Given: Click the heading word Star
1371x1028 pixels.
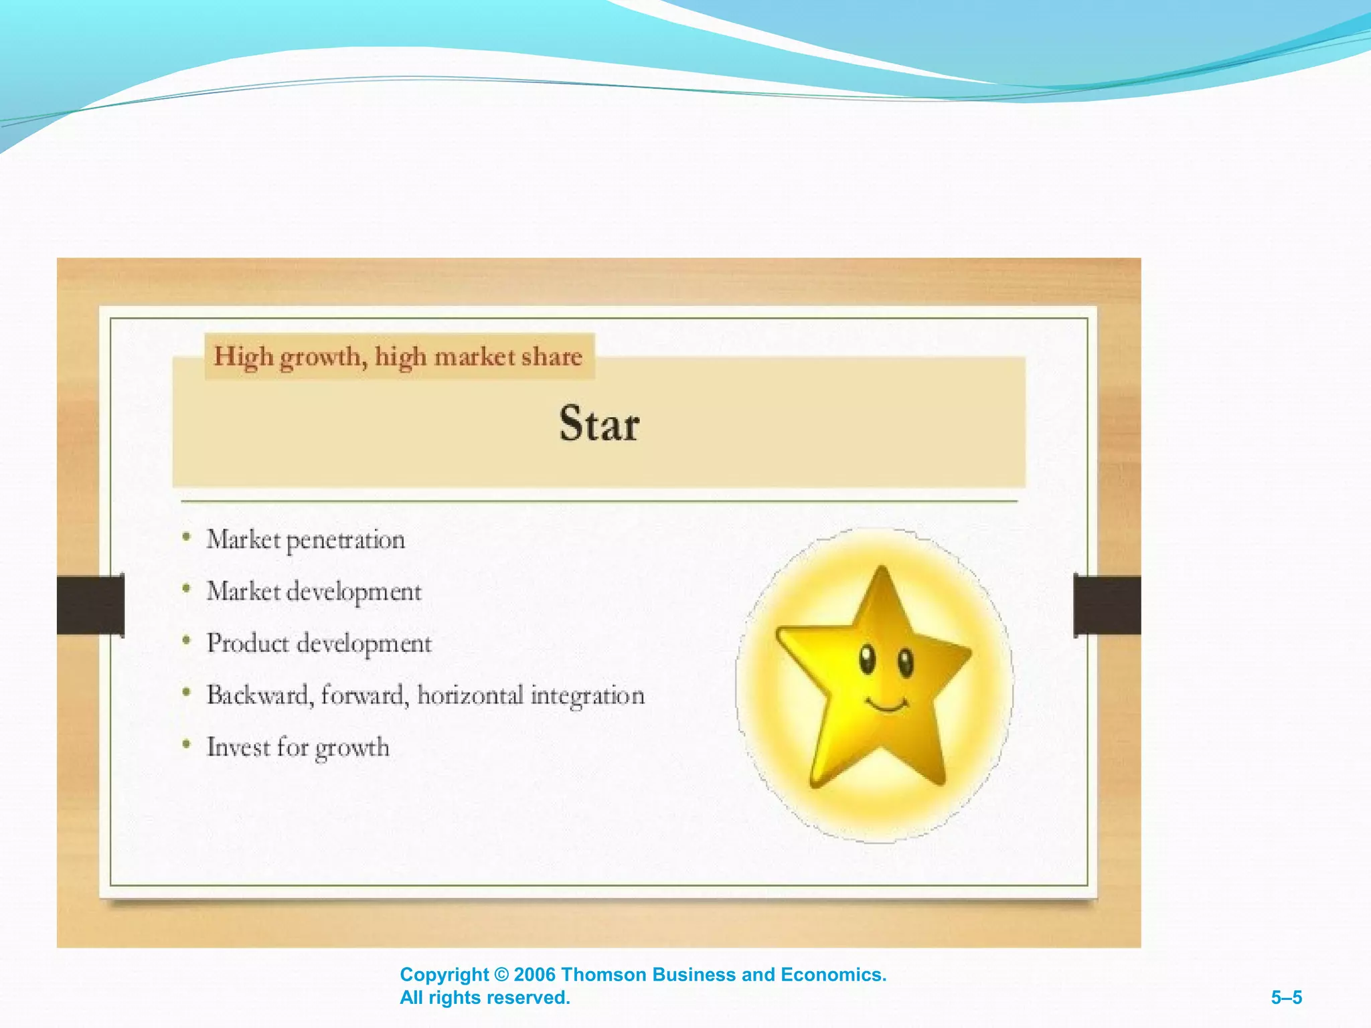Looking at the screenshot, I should [599, 424].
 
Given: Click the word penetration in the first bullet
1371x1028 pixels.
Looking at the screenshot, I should [345, 540].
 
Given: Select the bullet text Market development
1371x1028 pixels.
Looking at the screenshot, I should [314, 592].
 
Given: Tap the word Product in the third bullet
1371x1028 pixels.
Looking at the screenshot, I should [248, 643].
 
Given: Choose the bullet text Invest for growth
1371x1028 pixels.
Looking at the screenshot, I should [298, 747].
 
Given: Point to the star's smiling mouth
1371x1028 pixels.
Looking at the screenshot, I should [887, 705].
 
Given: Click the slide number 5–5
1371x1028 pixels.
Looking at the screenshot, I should [1286, 998].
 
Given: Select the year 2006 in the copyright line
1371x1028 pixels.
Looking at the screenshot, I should [534, 974].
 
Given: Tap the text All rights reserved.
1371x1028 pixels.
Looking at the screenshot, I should [485, 998].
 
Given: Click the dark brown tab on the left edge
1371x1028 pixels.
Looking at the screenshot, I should [90, 604].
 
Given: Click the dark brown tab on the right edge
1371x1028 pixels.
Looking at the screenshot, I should [1107, 604].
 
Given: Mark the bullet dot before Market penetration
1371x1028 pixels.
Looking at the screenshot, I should [187, 537].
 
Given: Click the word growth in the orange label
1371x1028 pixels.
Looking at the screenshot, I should [323, 357].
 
